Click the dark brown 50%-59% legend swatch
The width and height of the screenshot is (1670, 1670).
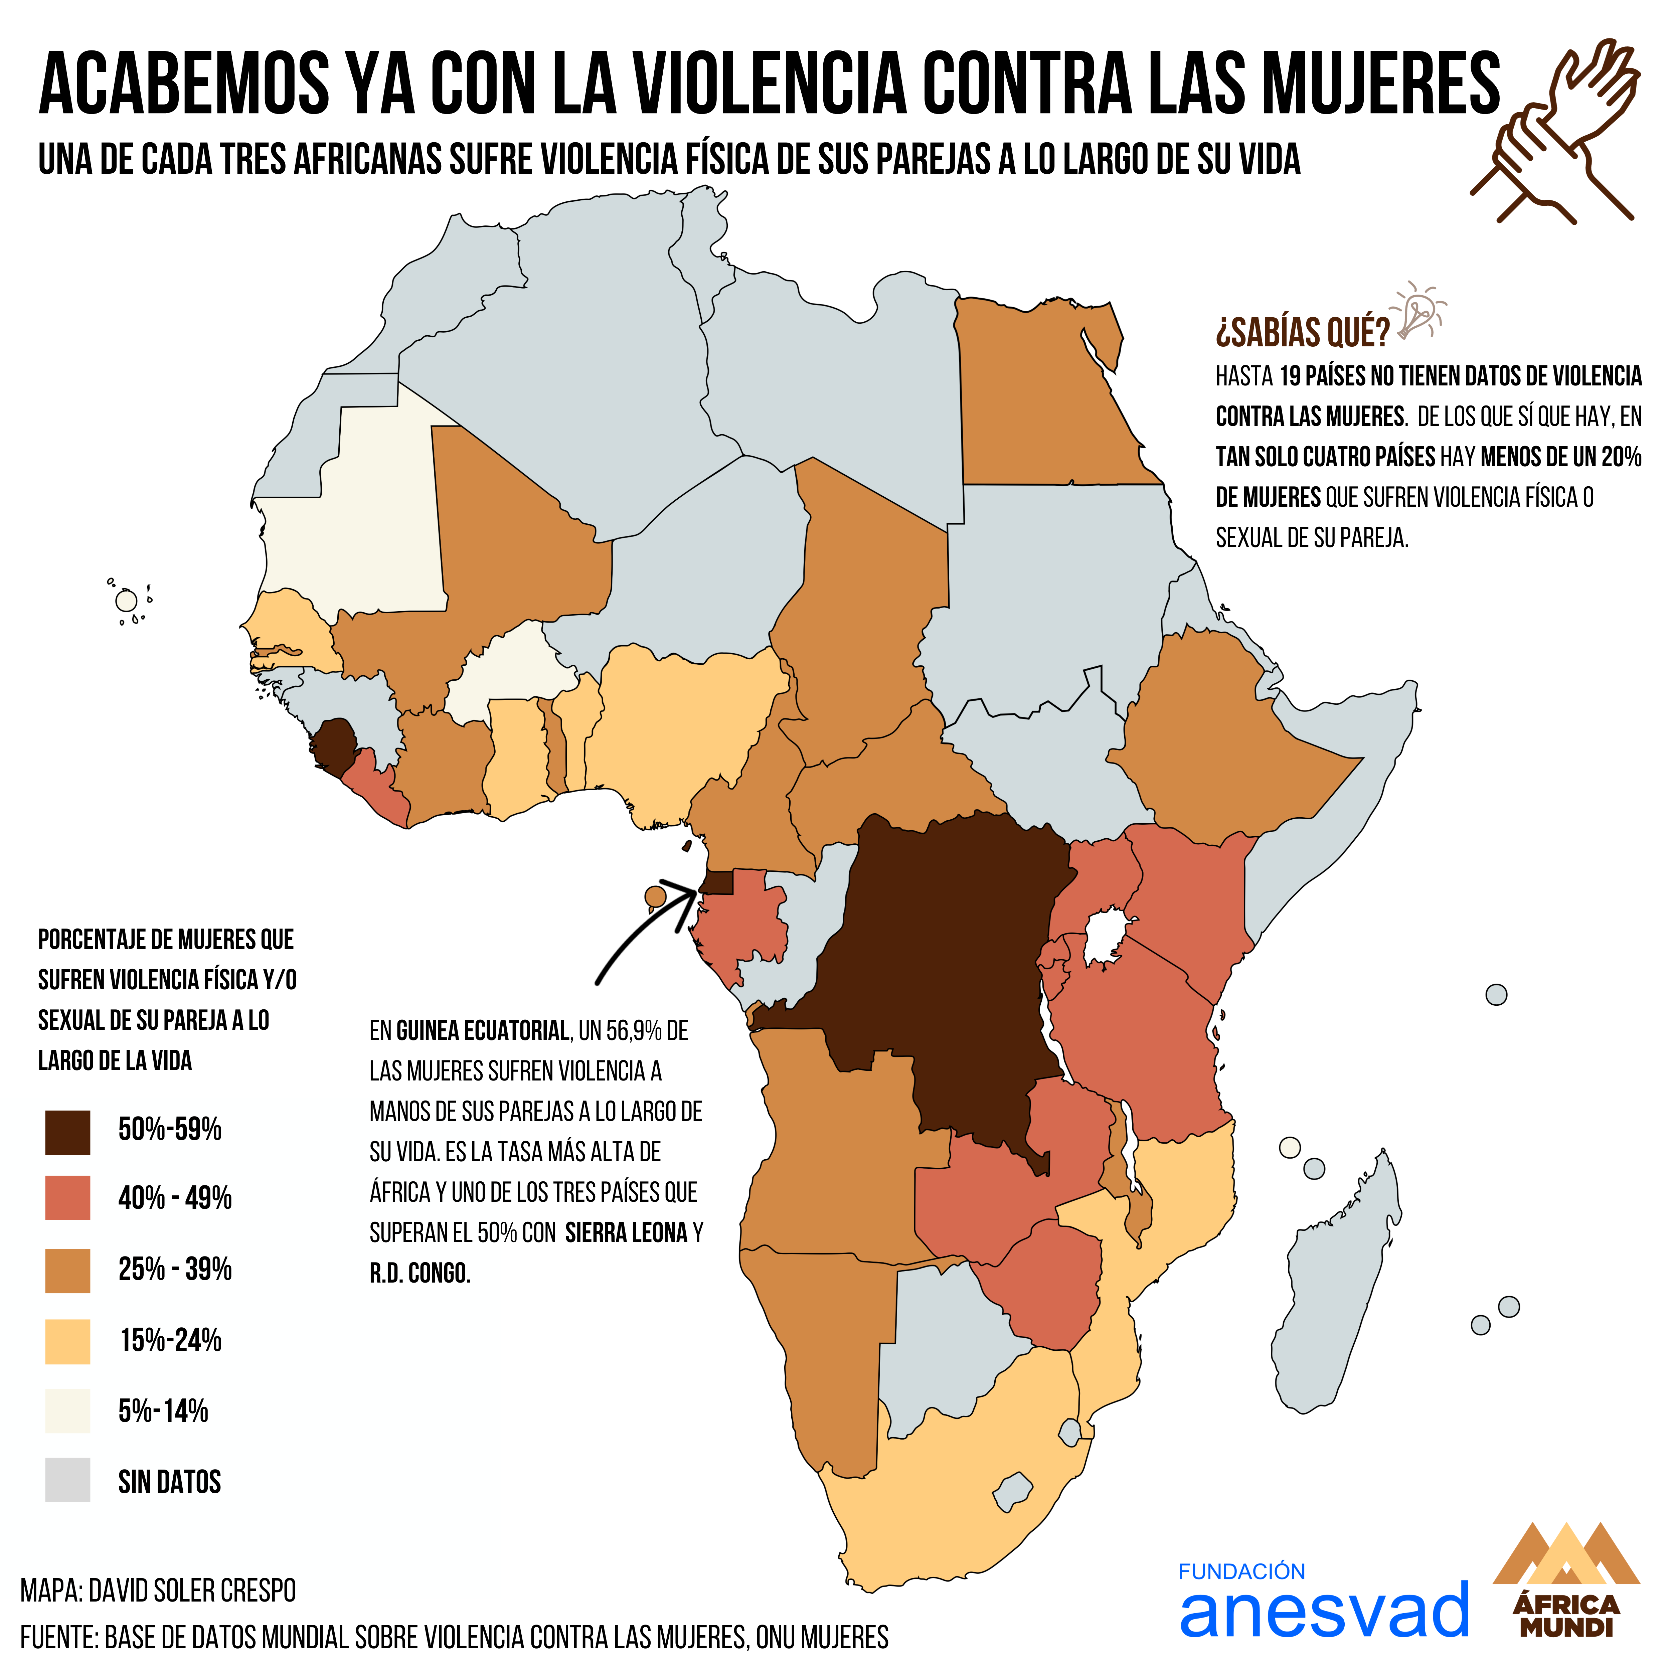coord(67,1132)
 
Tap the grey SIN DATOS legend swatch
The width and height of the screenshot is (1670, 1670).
coord(67,1480)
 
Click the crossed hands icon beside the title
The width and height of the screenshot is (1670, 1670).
coord(1556,130)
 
